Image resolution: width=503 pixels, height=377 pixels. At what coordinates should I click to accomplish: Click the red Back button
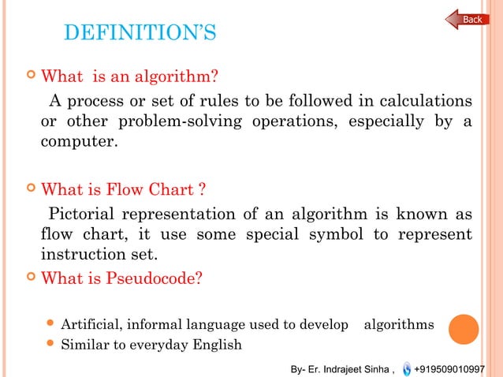[x=467, y=19]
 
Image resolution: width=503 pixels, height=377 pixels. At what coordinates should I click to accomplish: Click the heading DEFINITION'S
[x=138, y=35]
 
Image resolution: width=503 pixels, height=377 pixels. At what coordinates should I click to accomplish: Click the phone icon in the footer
[x=405, y=368]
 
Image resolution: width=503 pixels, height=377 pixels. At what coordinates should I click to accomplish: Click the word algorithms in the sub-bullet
[x=398, y=324]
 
